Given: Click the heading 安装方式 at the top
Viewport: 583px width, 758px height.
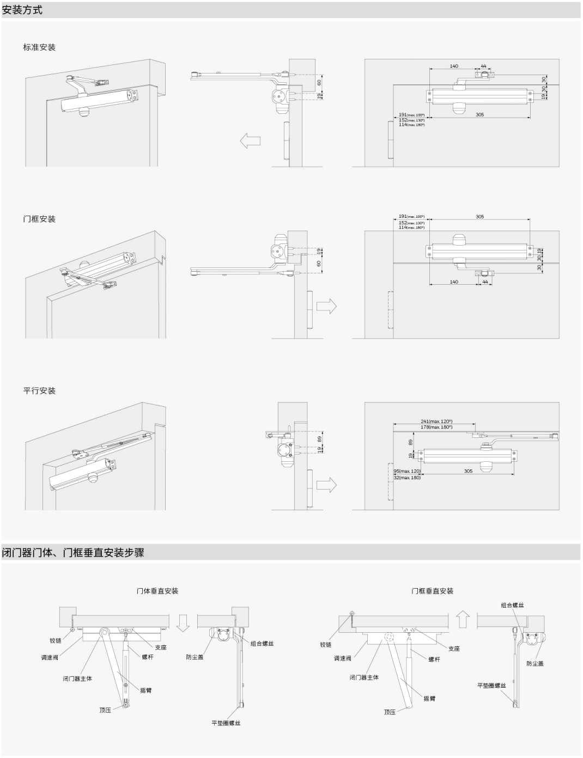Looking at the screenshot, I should pos(22,10).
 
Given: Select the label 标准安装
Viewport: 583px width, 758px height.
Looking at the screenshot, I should pos(39,47).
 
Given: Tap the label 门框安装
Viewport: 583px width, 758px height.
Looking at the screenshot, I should pos(39,219).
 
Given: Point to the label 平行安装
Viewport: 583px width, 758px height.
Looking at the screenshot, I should pos(39,390).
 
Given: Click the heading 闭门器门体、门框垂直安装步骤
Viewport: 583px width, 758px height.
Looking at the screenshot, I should pos(74,553).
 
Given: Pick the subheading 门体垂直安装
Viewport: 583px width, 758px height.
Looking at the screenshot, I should pos(157,591).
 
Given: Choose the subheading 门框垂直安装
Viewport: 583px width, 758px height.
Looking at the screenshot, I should pos(433,591).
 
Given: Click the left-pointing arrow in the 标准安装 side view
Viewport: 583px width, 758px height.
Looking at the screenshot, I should pos(250,140).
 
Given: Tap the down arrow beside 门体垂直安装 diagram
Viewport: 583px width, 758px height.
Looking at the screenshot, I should pos(183,621).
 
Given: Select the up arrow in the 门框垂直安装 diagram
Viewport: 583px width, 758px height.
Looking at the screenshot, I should pos(463,619).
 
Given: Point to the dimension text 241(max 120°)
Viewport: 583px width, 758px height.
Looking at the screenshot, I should pos(436,421).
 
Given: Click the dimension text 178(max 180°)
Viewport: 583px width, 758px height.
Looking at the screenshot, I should pos(436,427).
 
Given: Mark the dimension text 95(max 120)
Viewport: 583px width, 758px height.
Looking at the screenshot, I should pos(407,471).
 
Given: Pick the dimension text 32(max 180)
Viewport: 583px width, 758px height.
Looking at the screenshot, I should pos(407,478).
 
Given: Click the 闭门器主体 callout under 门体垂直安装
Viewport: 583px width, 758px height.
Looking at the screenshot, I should pos(77,678).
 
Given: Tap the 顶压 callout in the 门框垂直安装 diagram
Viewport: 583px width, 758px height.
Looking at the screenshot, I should pos(390,712).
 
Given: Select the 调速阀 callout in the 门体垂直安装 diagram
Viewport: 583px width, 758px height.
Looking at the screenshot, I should pos(49,658).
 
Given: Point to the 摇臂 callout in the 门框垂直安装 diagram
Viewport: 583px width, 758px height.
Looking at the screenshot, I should pos(429,698).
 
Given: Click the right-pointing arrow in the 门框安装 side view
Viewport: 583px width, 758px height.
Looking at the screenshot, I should pos(326,307).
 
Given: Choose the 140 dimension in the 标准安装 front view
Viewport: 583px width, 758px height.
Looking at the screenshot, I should pos(454,66).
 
